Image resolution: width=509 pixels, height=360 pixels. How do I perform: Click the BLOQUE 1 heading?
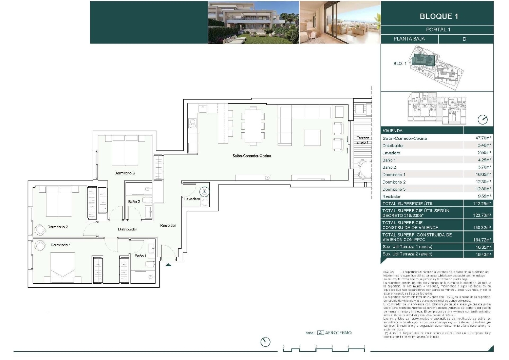[x=439, y=16]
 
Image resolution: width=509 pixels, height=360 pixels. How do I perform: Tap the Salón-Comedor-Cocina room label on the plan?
[x=252, y=156]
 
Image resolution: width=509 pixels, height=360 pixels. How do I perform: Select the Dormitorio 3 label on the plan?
[x=125, y=173]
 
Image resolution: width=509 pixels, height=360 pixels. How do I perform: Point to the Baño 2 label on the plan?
[x=134, y=202]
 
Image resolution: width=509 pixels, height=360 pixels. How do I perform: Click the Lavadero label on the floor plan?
[x=192, y=199]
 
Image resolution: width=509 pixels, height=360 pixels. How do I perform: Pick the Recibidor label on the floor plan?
[x=168, y=226]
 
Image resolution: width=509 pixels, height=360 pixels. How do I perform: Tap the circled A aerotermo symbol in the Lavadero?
[x=204, y=192]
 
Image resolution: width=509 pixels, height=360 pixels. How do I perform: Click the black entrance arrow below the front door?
[x=168, y=265]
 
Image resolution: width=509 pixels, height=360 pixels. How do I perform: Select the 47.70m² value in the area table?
[x=483, y=138]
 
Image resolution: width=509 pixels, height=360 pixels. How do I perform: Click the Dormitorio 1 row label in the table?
[x=394, y=175]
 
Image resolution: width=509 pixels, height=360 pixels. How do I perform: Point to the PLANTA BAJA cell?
[x=409, y=39]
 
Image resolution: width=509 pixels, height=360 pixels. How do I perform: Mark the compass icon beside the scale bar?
[x=265, y=342]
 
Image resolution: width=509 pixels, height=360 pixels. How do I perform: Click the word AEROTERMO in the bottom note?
[x=338, y=333]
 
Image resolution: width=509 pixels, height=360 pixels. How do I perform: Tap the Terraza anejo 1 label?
[x=363, y=140]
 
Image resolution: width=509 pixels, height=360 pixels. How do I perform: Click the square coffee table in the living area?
[x=312, y=137]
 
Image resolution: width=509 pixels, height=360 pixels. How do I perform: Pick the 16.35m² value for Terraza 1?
[x=483, y=247]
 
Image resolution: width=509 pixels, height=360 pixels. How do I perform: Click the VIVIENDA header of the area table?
[x=393, y=131]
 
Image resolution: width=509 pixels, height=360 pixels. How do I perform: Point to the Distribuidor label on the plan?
[x=128, y=229]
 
